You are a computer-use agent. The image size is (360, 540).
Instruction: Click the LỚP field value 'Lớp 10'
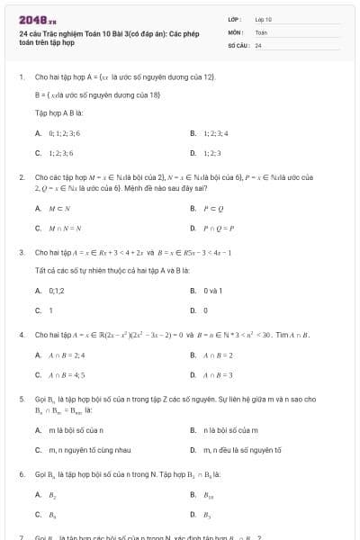click(x=264, y=18)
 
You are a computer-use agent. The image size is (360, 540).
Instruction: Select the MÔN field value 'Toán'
click(x=262, y=31)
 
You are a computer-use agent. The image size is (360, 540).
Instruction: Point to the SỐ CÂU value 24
click(x=258, y=44)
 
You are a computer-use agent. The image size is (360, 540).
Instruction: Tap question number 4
click(x=21, y=335)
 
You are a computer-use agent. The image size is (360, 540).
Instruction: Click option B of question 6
click(x=209, y=494)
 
